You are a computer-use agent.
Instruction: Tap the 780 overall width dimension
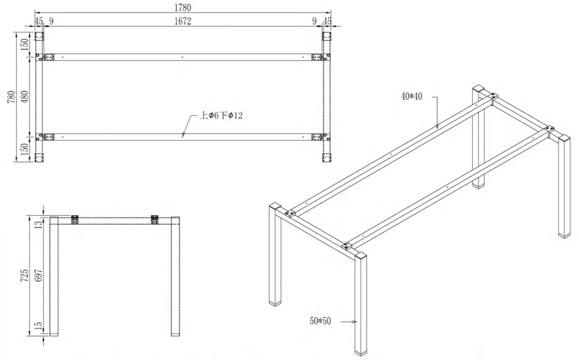(11, 97)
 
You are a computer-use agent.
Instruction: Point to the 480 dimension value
(24, 97)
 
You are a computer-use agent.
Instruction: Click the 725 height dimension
(24, 275)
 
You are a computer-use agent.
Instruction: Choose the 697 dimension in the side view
(38, 275)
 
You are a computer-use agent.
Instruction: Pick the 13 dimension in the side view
(38, 224)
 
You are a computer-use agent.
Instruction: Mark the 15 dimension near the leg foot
(38, 326)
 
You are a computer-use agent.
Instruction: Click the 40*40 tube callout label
(412, 97)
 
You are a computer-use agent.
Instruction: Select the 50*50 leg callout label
(320, 321)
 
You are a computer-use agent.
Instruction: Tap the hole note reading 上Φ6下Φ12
(221, 116)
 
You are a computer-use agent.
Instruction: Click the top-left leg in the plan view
(39, 36)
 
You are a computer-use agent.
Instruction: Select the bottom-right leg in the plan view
(327, 158)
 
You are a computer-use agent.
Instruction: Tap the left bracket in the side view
(75, 220)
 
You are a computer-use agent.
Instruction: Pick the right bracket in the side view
(155, 220)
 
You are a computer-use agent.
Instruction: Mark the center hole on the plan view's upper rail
(182, 57)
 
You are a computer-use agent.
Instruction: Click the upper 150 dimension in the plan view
(24, 44)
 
